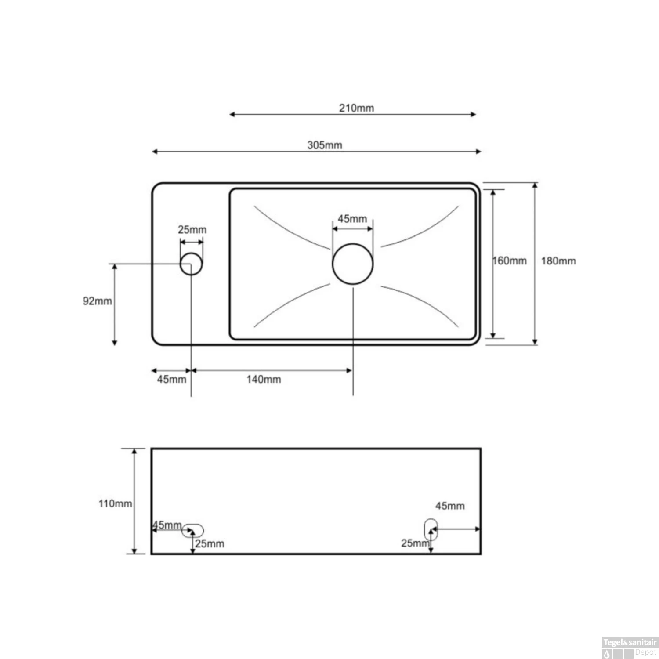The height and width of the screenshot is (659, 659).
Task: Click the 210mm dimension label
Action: (x=356, y=108)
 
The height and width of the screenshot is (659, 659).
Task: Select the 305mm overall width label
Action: (x=325, y=145)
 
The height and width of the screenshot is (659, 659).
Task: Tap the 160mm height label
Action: (x=510, y=261)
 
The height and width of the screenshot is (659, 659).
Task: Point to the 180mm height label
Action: (x=558, y=261)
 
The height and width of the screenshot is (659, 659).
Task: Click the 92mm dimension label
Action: (x=97, y=301)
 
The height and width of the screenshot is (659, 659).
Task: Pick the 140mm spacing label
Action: (x=264, y=380)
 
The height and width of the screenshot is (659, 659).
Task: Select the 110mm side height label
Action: (x=115, y=503)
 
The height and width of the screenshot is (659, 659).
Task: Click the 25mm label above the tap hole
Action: (x=192, y=230)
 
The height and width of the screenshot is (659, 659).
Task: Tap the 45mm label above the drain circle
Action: (x=352, y=219)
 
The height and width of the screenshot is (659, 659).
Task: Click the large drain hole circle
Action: (x=353, y=264)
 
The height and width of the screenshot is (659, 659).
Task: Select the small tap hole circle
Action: (x=191, y=264)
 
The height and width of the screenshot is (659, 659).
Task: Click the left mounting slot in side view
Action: (x=193, y=530)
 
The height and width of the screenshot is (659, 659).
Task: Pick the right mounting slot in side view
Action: (x=431, y=529)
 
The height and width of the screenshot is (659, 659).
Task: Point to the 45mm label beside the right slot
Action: (x=450, y=506)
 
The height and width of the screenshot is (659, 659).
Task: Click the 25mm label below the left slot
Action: (x=210, y=544)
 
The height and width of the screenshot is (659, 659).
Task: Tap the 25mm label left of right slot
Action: (x=414, y=543)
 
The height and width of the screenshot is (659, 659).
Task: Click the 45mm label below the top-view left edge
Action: (x=171, y=380)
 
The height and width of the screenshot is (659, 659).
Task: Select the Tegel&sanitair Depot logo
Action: (x=630, y=648)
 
